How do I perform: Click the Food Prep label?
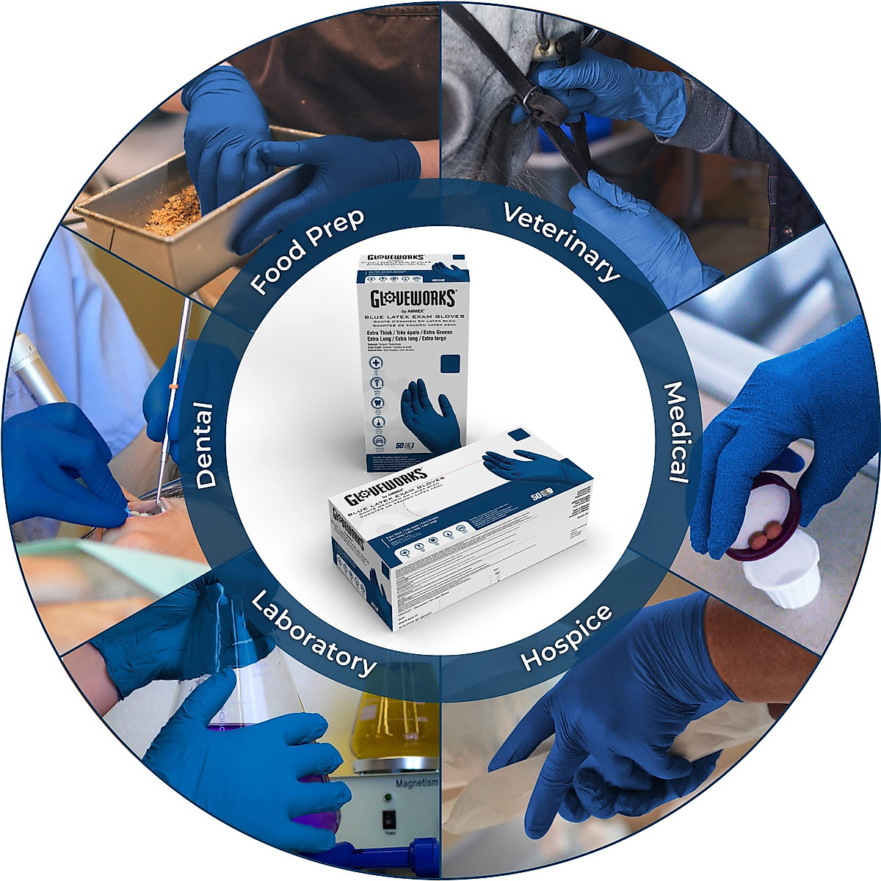point(308,250)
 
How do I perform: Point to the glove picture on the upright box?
point(429,416)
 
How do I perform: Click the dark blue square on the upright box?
point(449,365)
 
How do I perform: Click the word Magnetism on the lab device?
point(416,783)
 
